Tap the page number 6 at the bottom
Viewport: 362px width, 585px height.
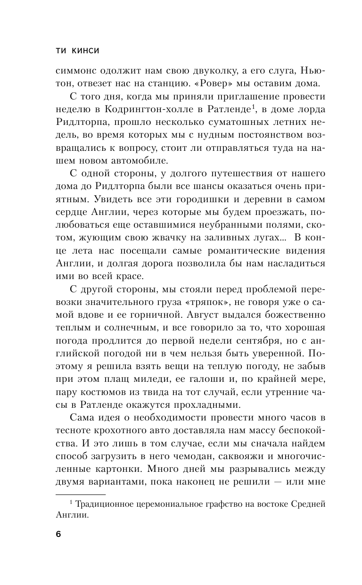tap(58, 534)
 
